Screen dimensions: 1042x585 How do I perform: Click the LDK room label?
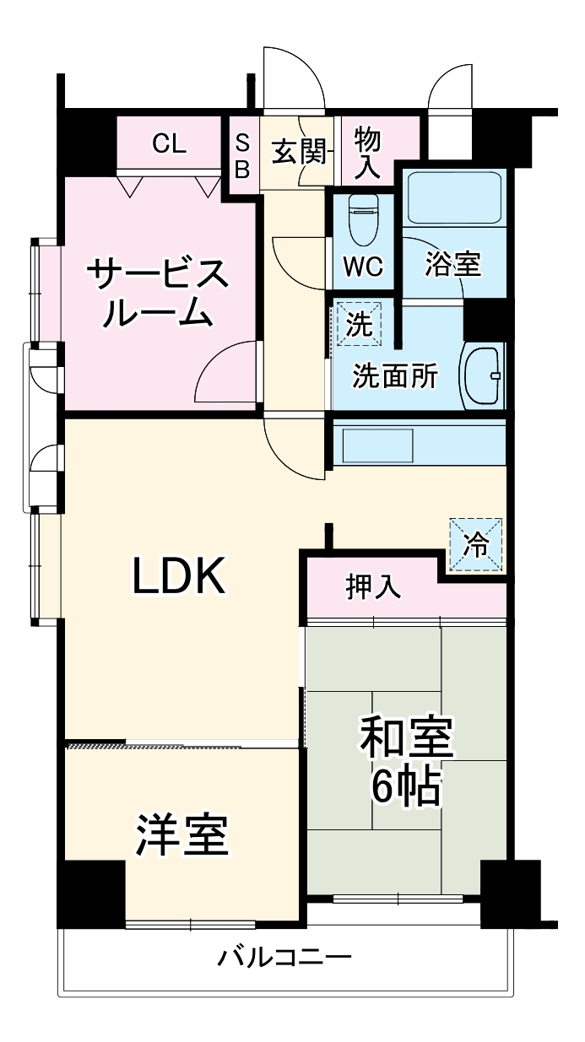click(x=177, y=576)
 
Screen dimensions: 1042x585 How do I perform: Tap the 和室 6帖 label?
click(x=407, y=760)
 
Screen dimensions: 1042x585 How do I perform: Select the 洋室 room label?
click(x=181, y=835)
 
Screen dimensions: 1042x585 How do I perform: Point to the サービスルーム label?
click(x=158, y=293)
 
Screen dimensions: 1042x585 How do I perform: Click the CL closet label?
click(x=169, y=144)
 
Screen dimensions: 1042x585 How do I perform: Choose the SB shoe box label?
click(x=241, y=156)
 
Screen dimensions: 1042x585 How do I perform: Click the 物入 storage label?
click(x=367, y=153)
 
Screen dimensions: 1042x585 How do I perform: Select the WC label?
click(x=363, y=266)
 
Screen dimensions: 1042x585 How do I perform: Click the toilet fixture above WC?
click(x=364, y=218)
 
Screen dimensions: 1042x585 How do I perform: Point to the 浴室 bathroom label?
click(x=452, y=264)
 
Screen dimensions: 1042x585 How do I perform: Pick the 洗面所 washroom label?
click(x=395, y=375)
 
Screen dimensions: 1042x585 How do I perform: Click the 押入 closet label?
click(x=373, y=586)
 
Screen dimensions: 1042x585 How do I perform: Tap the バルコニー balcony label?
click(x=284, y=958)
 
